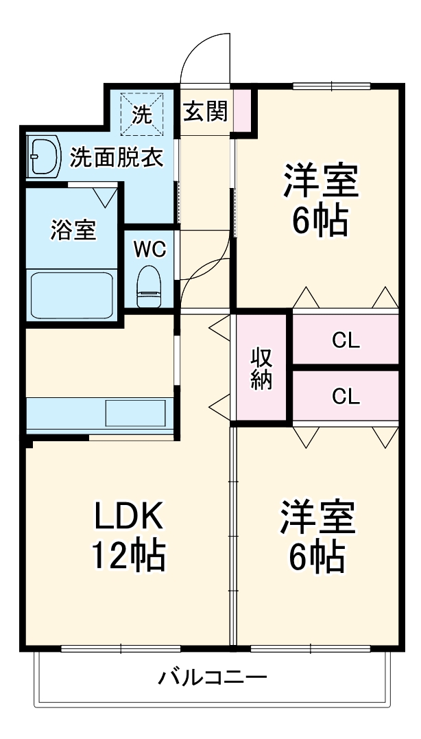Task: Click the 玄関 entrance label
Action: tap(204, 110)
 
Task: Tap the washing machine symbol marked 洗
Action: tap(141, 114)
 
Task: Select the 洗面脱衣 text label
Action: tap(117, 159)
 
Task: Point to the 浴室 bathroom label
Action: tap(73, 231)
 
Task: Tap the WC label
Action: tap(149, 249)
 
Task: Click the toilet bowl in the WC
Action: tap(149, 286)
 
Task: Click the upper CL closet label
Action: tap(346, 340)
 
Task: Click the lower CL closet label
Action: tap(346, 396)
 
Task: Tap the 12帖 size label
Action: tap(129, 556)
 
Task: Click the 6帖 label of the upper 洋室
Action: tap(320, 220)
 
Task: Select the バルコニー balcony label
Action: tap(212, 679)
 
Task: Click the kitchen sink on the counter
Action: tap(135, 414)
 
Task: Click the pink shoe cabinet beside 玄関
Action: tap(242, 110)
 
